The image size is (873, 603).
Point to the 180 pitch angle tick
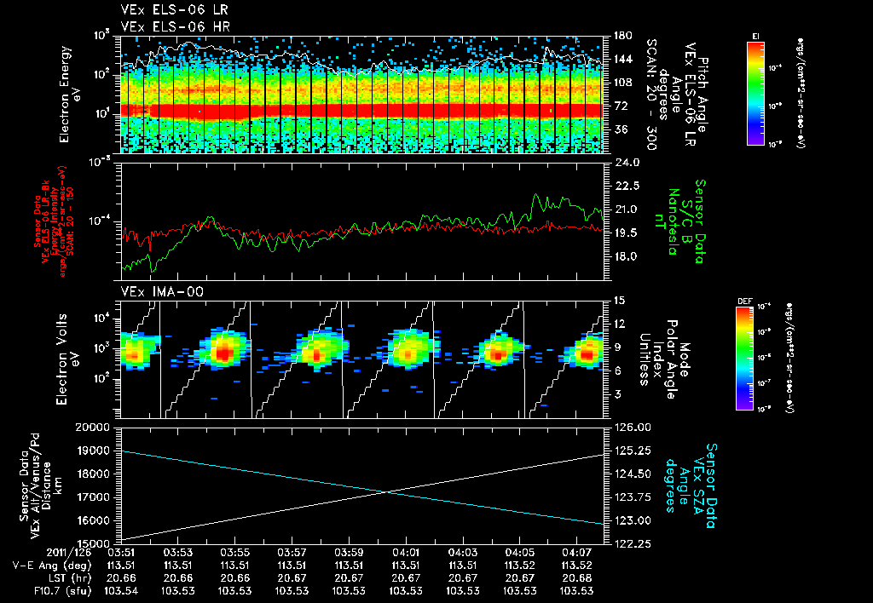click(622, 36)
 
